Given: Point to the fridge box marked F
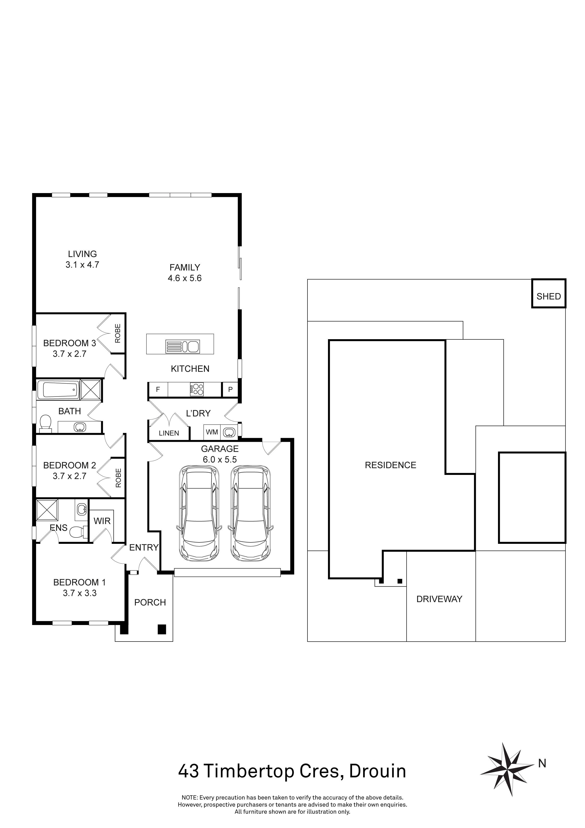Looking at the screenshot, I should [x=158, y=389].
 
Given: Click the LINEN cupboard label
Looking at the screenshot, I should [x=169, y=433].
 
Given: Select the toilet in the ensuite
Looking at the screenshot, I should [x=77, y=532].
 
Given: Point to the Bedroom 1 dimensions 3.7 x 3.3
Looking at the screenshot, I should [x=80, y=593].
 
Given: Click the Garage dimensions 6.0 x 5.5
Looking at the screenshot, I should [x=220, y=460].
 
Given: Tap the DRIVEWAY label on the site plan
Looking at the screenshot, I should [x=439, y=599].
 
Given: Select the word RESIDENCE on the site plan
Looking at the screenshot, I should [x=390, y=465].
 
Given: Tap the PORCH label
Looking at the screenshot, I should [x=150, y=602].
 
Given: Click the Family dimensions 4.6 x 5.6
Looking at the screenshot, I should [x=184, y=278].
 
